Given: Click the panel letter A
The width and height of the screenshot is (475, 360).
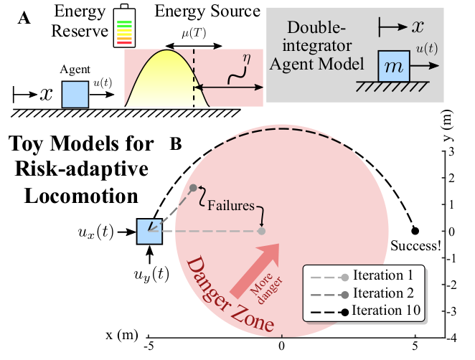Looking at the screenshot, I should point(24,19).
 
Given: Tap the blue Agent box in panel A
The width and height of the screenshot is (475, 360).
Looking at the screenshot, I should point(75,94).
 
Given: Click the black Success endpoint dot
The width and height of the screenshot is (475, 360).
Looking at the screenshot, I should point(415,231).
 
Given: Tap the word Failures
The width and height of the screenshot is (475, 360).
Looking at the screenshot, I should point(231,205).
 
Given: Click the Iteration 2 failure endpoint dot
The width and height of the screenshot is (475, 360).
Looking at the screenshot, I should point(192,188).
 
